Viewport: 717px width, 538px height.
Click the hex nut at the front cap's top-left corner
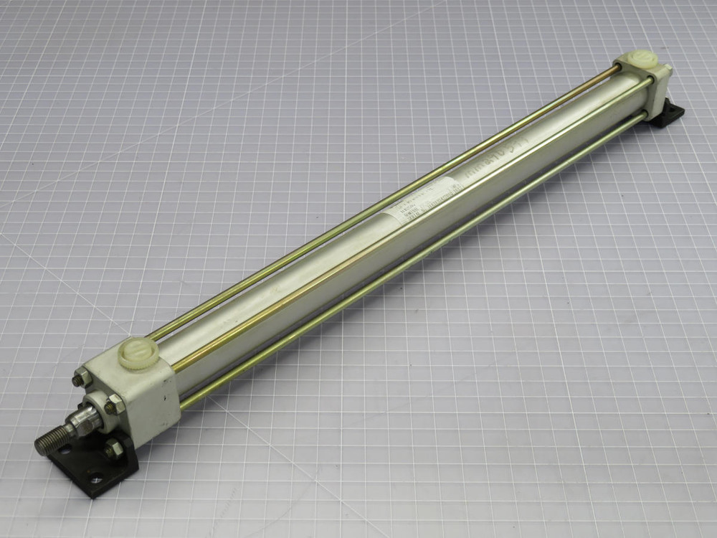click(81, 377)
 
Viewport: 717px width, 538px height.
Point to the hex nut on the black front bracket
click(113, 450)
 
